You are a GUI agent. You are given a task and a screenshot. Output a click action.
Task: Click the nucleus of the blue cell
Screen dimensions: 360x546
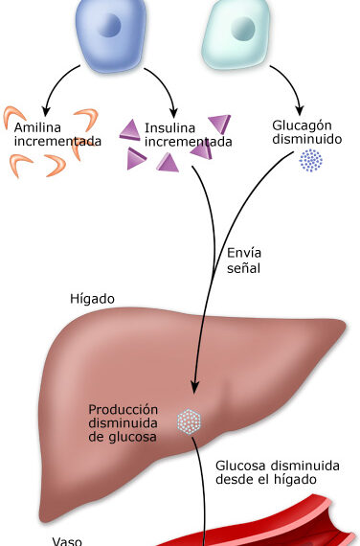110,25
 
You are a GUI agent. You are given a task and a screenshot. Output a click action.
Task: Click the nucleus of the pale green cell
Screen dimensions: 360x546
243,29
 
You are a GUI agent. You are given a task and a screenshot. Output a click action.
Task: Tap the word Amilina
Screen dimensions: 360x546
37,127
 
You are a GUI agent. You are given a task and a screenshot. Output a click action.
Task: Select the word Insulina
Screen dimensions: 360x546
169,127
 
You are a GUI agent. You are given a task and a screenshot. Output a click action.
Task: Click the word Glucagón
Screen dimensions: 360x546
302,126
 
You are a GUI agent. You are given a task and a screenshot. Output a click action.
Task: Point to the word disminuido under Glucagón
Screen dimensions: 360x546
307,139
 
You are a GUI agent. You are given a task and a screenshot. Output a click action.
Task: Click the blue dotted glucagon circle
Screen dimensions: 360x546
311,161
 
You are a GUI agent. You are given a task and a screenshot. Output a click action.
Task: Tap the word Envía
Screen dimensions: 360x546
244,253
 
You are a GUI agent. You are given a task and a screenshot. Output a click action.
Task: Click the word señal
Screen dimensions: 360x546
244,268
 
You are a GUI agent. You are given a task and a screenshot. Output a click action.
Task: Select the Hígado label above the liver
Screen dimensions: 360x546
92,299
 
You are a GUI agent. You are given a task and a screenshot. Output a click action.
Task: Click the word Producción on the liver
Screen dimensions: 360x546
123,410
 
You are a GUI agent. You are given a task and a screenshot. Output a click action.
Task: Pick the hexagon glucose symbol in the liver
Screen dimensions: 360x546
189,421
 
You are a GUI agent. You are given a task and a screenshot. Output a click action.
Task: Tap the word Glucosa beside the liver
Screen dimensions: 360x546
241,466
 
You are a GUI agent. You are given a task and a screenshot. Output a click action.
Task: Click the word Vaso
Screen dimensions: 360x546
67,541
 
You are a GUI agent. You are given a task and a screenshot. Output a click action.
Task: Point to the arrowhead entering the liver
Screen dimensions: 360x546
195,387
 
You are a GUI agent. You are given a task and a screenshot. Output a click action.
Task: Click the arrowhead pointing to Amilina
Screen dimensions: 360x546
46,111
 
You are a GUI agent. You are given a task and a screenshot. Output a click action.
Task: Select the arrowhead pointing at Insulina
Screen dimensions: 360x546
173,113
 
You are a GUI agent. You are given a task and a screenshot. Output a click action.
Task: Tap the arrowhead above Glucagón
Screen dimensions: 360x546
300,110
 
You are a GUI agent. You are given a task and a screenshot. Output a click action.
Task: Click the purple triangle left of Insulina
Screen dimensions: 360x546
130,130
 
